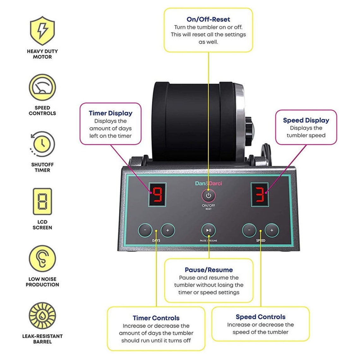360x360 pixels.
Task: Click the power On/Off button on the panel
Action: tap(208, 196)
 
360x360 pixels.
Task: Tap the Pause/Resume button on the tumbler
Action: tap(208, 231)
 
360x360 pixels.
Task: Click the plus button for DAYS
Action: tap(168, 230)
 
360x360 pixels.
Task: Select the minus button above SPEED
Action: tap(249, 230)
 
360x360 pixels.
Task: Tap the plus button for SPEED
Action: tap(272, 230)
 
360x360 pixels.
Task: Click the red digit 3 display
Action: tap(260, 195)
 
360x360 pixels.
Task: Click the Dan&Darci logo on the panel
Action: tap(208, 183)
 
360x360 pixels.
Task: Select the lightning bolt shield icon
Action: tap(42, 31)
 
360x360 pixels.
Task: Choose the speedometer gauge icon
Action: tap(42, 87)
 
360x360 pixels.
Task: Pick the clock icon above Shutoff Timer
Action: tap(42, 144)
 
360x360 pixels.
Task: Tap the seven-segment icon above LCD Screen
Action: tap(42, 202)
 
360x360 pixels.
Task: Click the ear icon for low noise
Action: tap(42, 259)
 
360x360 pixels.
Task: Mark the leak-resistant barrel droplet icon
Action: tap(42, 316)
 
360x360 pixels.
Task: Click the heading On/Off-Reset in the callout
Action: tap(208, 19)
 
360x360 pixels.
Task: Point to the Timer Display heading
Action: tap(111, 113)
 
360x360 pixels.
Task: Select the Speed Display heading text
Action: tap(306, 120)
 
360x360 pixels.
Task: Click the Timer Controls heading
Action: tap(156, 318)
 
